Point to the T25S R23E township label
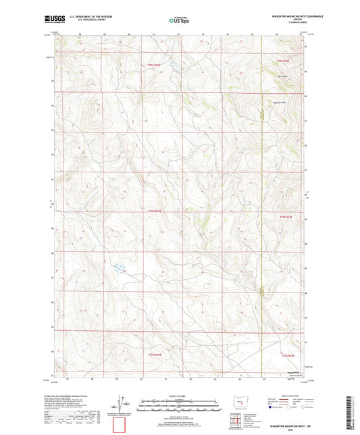coord(155,64)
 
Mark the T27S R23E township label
coord(155,354)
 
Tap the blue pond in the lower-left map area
coord(118,267)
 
